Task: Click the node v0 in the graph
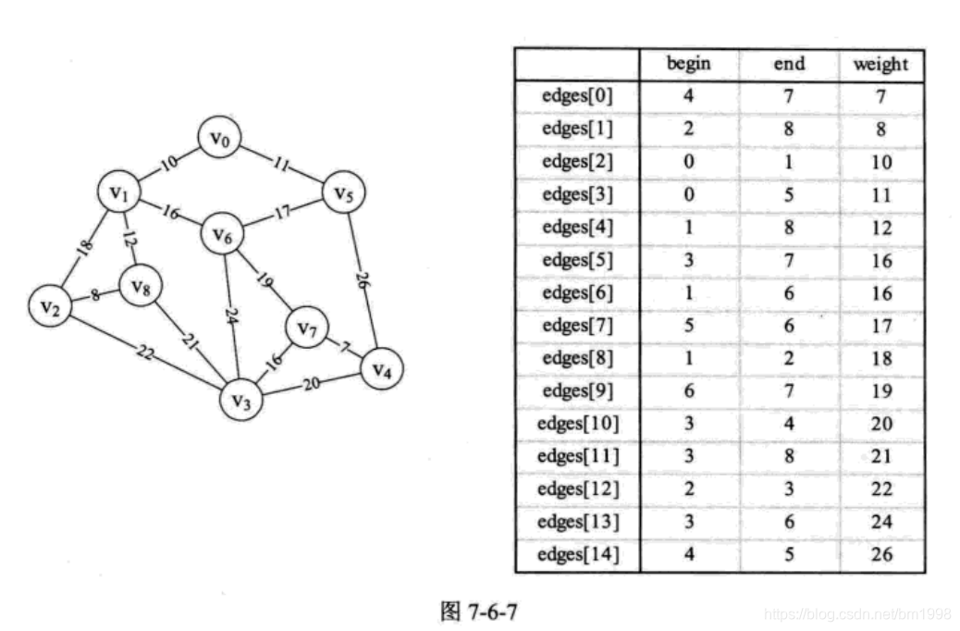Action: pyautogui.click(x=219, y=140)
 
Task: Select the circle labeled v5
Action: pyautogui.click(x=343, y=194)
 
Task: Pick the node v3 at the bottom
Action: pyautogui.click(x=241, y=401)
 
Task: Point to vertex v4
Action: pyautogui.click(x=381, y=369)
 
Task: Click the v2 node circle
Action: pyautogui.click(x=50, y=306)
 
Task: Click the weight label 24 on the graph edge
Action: pyautogui.click(x=231, y=315)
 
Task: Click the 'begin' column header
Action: pyautogui.click(x=688, y=64)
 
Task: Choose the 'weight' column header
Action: pyautogui.click(x=880, y=64)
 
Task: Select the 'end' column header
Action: pyautogui.click(x=788, y=64)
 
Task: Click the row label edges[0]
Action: pyautogui.click(x=577, y=95)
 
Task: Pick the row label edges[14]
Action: pyautogui.click(x=577, y=555)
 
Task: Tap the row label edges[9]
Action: pyautogui.click(x=577, y=391)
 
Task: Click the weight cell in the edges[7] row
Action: pyautogui.click(x=880, y=326)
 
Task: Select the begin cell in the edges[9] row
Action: pyautogui.click(x=688, y=391)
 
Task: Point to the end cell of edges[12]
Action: pyautogui.click(x=788, y=489)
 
